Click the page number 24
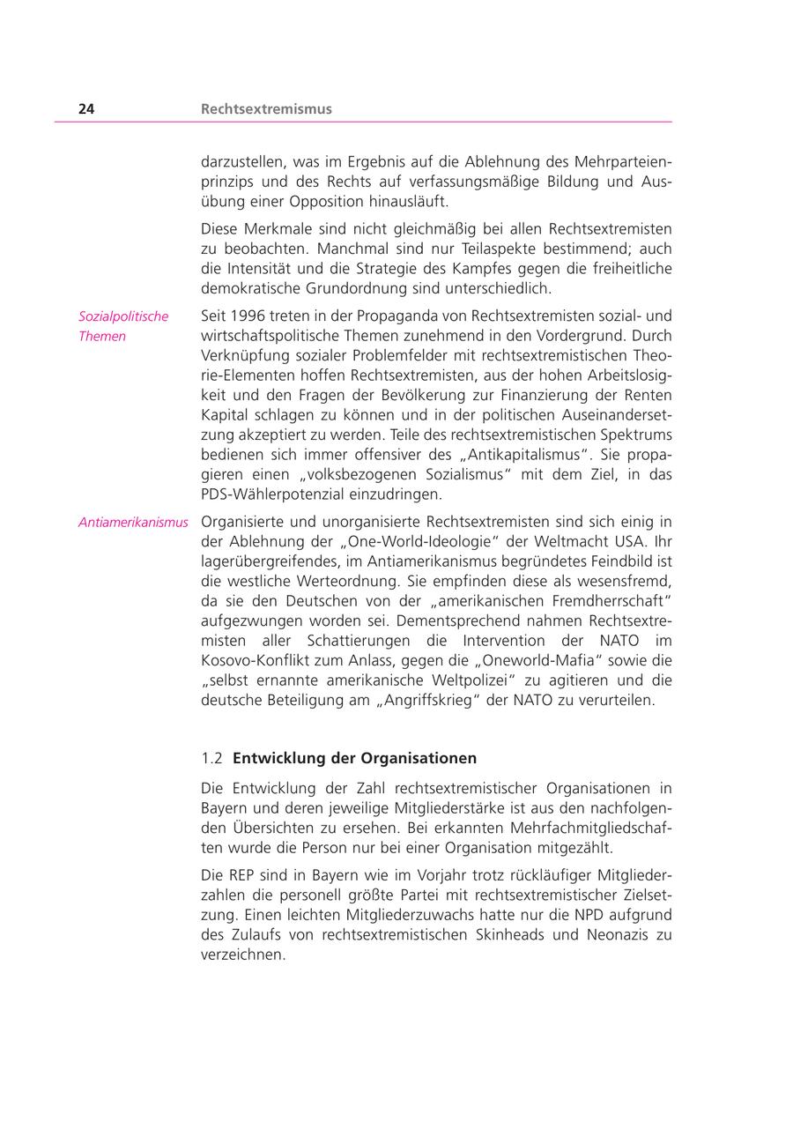click(x=86, y=109)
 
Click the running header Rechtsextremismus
click(x=266, y=109)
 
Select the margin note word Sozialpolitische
click(x=123, y=316)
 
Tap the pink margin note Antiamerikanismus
click(x=133, y=522)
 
